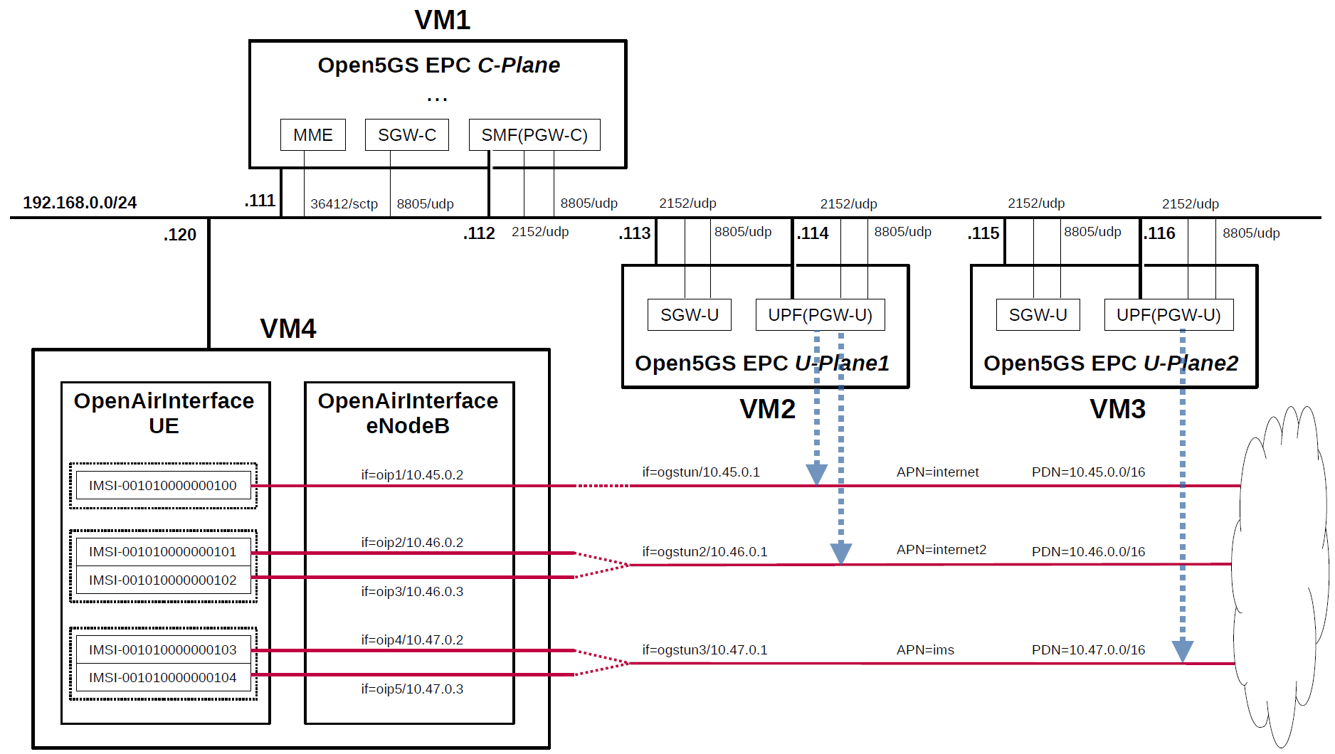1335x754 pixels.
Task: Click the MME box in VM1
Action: pos(313,135)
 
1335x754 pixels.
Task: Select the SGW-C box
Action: pos(406,135)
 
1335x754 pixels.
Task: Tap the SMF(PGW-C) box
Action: pos(534,135)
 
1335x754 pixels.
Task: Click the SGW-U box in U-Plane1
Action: pos(689,315)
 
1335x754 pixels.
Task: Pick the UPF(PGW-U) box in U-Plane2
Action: pos(1168,315)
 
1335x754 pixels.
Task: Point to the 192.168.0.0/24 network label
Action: pos(80,203)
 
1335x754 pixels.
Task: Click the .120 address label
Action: pos(180,235)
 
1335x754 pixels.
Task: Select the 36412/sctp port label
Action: pos(344,204)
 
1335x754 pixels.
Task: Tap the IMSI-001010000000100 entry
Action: pos(163,486)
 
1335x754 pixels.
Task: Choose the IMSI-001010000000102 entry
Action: pos(163,580)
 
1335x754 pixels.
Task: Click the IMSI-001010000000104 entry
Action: pos(163,678)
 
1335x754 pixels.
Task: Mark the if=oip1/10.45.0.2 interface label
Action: pos(412,475)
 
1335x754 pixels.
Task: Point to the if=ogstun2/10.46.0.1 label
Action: pos(705,552)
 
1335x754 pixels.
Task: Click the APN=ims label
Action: pos(925,650)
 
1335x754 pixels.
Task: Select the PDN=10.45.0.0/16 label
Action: pos(1088,472)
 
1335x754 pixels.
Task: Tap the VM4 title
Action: pos(288,329)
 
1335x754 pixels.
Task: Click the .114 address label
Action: pos(813,233)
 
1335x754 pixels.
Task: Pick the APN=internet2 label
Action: pos(941,550)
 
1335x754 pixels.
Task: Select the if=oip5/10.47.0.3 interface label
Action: pos(412,689)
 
